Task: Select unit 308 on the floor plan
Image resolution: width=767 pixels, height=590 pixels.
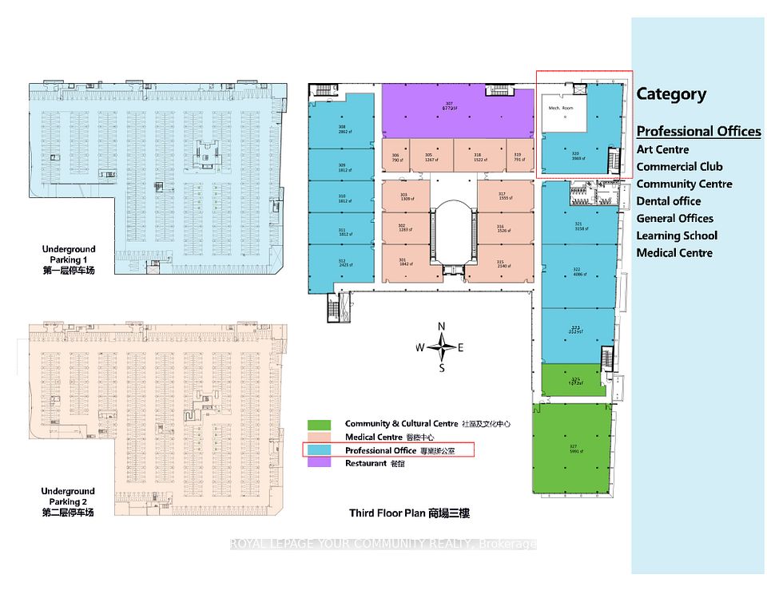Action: [342, 129]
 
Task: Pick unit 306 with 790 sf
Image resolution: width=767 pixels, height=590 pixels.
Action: [395, 158]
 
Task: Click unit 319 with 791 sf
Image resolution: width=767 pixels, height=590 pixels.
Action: [517, 157]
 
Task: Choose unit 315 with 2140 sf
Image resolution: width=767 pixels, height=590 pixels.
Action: [500, 263]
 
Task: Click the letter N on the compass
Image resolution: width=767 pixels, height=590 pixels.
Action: [441, 326]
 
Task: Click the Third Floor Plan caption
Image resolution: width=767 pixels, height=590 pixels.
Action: [409, 513]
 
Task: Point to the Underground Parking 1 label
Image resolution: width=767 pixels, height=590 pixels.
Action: [69, 259]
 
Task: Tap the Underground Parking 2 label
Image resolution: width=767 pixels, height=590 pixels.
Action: [69, 501]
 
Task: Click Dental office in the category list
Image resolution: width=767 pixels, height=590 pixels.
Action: [669, 201]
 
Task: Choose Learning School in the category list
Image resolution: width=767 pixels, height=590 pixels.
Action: [677, 236]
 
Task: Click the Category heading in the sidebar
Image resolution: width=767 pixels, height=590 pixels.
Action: [671, 94]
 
